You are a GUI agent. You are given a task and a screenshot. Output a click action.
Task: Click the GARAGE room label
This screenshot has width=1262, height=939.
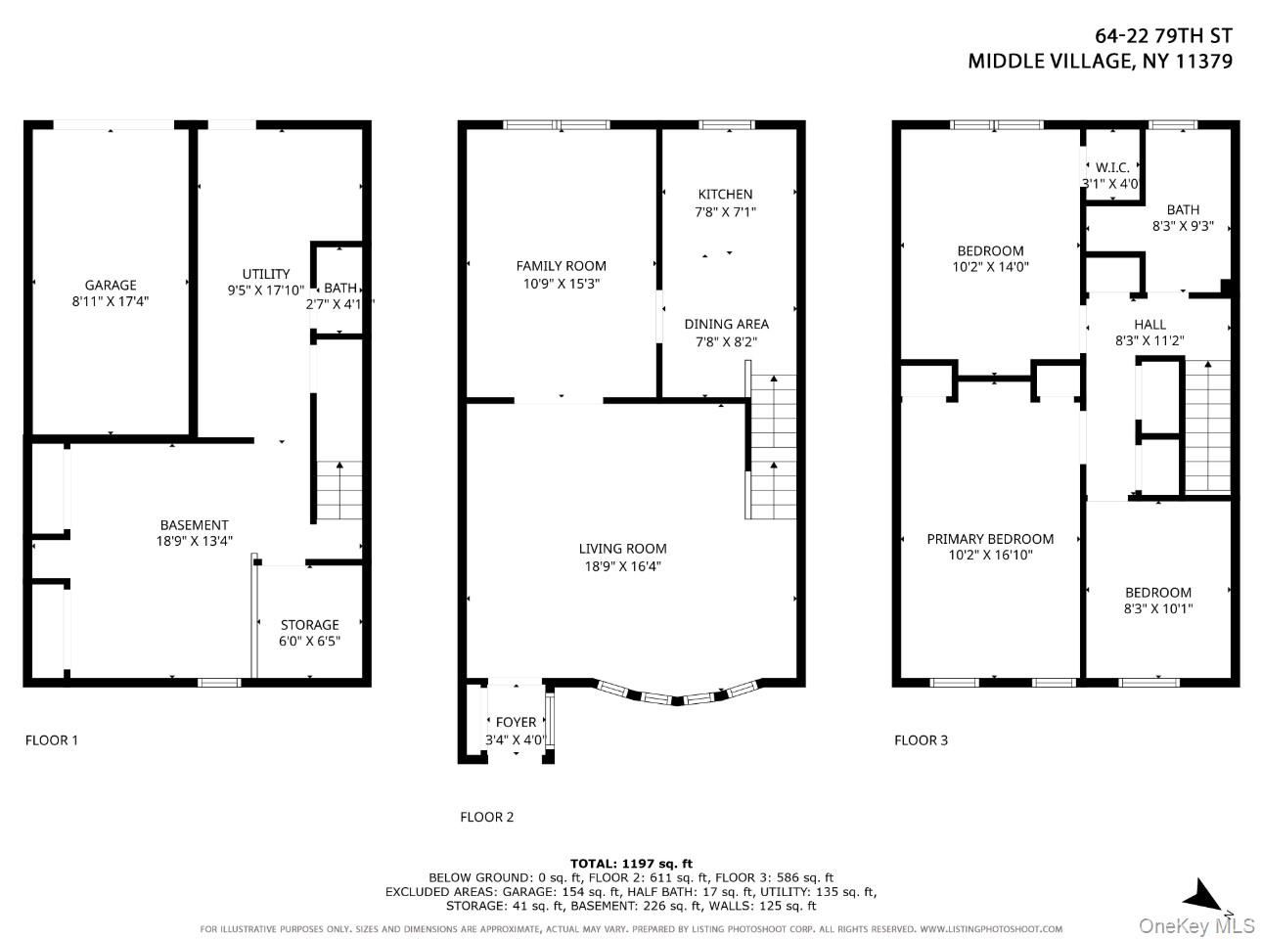pos(111,286)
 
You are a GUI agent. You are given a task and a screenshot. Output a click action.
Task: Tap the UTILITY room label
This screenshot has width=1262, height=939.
pos(266,274)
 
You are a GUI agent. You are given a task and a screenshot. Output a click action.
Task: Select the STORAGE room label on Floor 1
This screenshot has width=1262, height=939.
pos(309,624)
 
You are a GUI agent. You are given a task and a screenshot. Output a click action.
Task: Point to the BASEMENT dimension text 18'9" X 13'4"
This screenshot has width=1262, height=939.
pos(194,541)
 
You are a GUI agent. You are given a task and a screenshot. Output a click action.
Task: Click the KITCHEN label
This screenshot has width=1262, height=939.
pos(725,194)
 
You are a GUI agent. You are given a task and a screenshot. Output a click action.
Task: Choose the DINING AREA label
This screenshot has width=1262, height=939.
pos(726,324)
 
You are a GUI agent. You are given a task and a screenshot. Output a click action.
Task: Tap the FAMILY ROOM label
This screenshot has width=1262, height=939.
pos(561,265)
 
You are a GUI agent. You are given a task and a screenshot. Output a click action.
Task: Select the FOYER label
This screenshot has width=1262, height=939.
pos(516,722)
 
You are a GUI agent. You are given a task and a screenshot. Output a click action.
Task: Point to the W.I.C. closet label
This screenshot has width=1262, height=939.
pos(1112,167)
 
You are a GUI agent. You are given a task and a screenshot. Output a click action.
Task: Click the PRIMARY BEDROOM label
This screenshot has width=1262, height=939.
pos(990,539)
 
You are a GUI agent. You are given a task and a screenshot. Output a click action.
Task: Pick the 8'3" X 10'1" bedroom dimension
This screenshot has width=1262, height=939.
pos(1158,608)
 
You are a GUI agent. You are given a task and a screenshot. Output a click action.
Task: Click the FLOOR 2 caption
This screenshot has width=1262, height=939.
pos(486,817)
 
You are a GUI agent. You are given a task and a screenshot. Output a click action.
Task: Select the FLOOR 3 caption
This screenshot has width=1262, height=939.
pos(921,739)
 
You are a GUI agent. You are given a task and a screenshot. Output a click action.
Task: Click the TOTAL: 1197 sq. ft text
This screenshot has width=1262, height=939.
pos(631,863)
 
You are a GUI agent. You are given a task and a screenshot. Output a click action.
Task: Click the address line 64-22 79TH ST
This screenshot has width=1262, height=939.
pos(1162,36)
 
